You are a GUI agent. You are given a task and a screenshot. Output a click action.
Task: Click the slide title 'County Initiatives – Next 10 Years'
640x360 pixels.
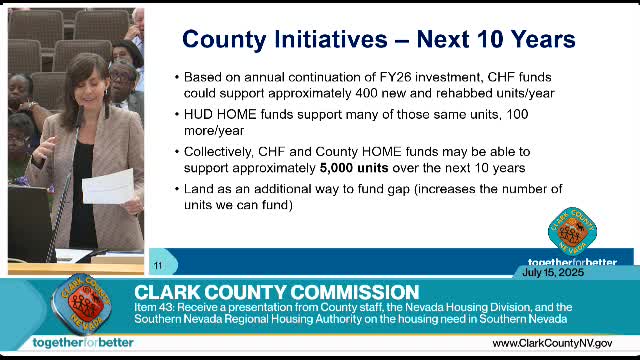[378, 40]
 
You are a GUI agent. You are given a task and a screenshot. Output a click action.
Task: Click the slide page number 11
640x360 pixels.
[158, 265]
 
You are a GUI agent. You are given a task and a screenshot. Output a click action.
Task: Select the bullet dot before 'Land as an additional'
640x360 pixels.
[176, 188]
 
